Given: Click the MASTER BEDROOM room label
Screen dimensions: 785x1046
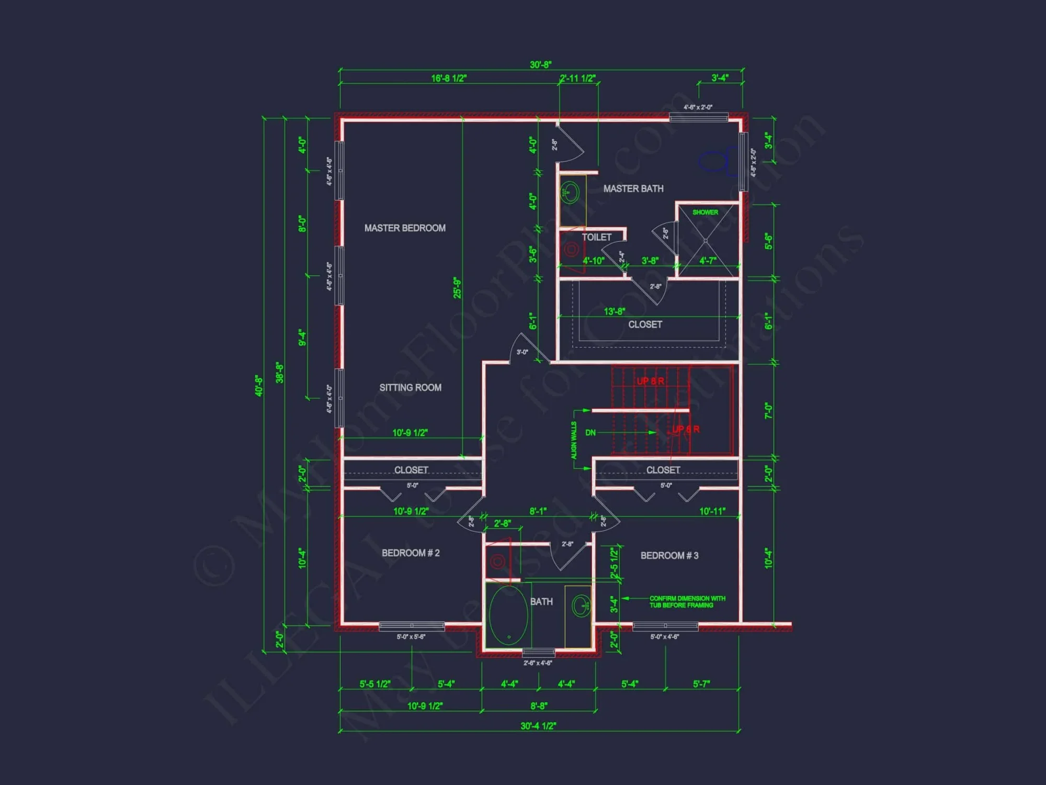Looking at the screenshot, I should [405, 228].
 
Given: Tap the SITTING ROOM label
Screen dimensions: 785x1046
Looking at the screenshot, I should [410, 388].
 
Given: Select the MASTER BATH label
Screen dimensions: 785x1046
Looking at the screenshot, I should [633, 188].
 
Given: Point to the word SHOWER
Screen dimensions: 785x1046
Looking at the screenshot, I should [704, 212].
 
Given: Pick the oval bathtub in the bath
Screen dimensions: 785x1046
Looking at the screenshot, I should [508, 615].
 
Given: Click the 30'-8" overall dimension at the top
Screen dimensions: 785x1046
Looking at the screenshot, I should [540, 65].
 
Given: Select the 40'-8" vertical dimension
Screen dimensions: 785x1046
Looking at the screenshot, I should [259, 385].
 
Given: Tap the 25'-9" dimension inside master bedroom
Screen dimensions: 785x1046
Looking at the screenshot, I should [457, 288].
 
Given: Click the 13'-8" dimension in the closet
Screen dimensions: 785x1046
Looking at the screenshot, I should [614, 311].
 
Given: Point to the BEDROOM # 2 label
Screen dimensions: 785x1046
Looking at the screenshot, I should [410, 553].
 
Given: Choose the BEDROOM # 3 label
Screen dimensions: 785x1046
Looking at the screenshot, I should [669, 556].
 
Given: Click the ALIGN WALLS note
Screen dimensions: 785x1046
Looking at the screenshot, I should [574, 440].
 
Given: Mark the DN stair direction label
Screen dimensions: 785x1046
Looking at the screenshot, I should [590, 433].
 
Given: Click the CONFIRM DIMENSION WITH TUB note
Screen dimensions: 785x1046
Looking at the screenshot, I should [687, 602].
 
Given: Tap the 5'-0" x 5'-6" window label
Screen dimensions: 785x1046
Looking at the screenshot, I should [411, 637].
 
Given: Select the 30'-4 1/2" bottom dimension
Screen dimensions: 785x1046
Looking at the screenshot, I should [538, 726].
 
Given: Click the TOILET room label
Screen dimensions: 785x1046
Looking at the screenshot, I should [596, 237].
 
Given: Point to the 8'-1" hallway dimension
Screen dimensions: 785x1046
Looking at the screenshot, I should [538, 511].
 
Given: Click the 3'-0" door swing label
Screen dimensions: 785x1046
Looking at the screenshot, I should [522, 352].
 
